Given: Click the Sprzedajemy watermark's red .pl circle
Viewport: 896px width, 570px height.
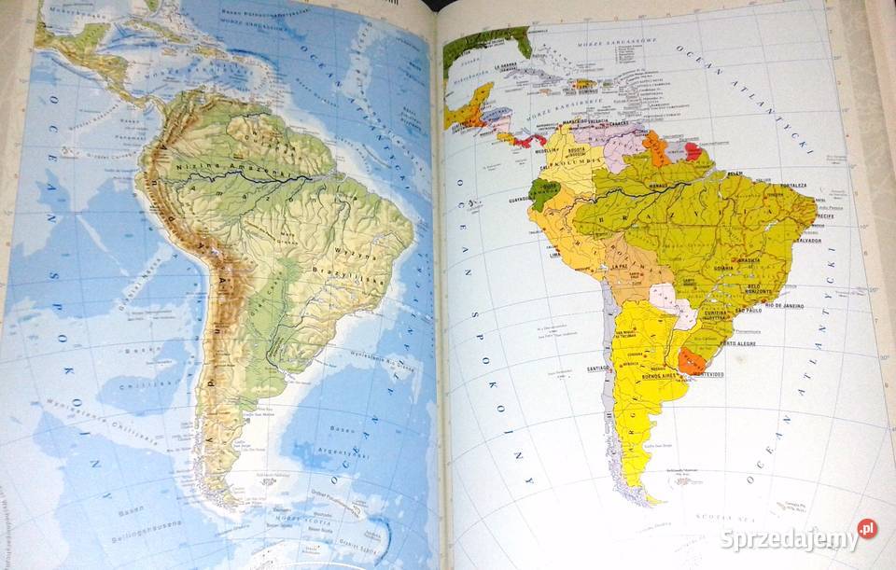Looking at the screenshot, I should pos(867,529).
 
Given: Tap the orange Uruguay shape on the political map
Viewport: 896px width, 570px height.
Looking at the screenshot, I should pos(692,361).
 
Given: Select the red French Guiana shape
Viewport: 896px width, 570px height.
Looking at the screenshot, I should pos(693,151).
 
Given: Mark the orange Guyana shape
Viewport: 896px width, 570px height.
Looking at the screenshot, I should pos(657,147).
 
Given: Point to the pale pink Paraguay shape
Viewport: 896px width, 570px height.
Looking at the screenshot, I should pos(670,299).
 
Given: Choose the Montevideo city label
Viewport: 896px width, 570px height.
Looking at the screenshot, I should pos(701,374).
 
